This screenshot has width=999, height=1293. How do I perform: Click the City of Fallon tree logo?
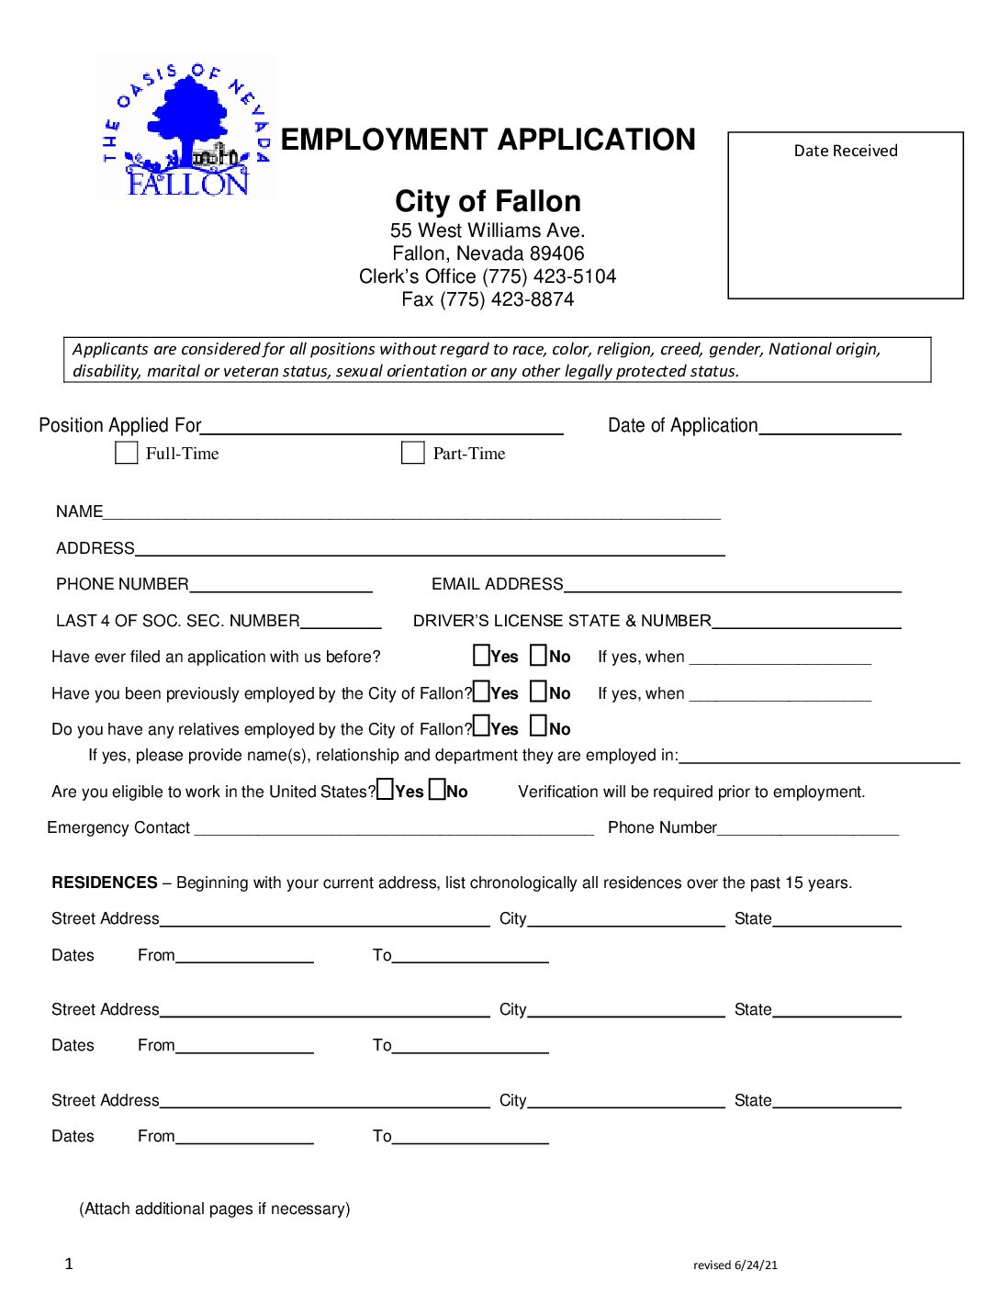(x=186, y=128)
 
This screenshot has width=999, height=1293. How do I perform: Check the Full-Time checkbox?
(x=126, y=453)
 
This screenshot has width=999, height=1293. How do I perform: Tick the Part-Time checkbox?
(x=413, y=453)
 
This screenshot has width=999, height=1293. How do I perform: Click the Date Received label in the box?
(x=846, y=151)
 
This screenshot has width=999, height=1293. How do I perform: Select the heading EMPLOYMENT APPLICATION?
(x=488, y=140)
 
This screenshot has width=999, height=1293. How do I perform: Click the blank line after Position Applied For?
(x=381, y=427)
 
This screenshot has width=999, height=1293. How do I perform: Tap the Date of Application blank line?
(x=830, y=427)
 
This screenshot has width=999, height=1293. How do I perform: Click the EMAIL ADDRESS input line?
(x=732, y=586)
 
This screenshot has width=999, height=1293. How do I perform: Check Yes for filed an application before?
(x=482, y=656)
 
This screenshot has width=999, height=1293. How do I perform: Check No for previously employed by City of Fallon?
(x=539, y=691)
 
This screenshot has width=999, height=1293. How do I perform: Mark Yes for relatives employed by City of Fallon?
(x=482, y=726)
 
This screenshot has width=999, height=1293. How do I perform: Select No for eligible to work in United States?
(x=438, y=790)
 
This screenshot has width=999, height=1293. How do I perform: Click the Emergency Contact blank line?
(x=394, y=829)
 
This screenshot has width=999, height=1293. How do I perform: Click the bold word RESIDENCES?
(x=105, y=883)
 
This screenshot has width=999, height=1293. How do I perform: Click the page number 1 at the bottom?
(x=69, y=1264)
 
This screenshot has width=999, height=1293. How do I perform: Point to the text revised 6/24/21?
(x=735, y=1265)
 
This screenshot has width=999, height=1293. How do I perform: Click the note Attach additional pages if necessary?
(x=215, y=1209)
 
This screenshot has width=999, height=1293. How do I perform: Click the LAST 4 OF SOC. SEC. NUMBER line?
(x=341, y=622)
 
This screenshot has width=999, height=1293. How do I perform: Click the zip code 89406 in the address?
(x=558, y=253)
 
